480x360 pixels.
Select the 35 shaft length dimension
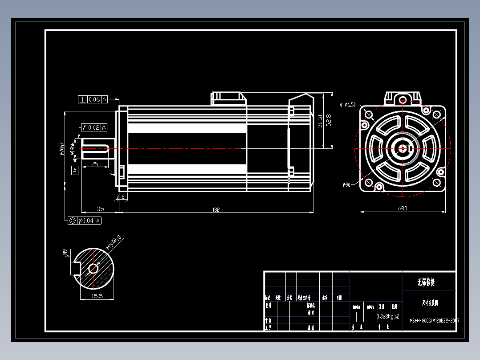pos(100,209)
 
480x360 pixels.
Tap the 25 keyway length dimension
pos(95,164)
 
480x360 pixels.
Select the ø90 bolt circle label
pos(347,184)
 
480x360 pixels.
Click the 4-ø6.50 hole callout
pos(348,105)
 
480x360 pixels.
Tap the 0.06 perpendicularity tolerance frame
pos(93,99)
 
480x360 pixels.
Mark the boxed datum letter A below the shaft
pos(75,170)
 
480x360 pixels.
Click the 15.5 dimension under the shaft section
pos(97,296)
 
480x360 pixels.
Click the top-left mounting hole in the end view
pos(369,115)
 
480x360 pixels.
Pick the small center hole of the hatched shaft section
pos(94,269)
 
